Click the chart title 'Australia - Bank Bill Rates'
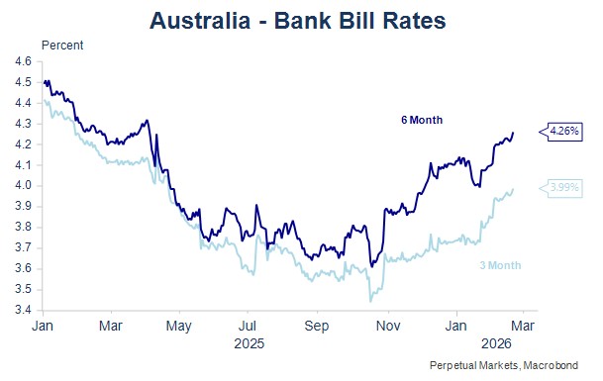click(x=298, y=21)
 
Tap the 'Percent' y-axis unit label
click(x=62, y=46)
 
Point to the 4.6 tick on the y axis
click(x=23, y=61)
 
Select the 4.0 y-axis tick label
click(x=23, y=186)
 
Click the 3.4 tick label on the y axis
click(x=23, y=310)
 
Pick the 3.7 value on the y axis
click(x=23, y=248)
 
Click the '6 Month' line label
click(x=422, y=120)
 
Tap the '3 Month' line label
click(x=500, y=265)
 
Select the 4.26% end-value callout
click(x=561, y=132)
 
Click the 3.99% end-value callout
click(x=561, y=188)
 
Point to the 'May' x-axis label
click(x=179, y=326)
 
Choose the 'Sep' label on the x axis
click(x=317, y=326)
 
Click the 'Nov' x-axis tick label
click(x=388, y=326)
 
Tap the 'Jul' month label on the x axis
click(x=248, y=326)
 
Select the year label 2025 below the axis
click(x=250, y=343)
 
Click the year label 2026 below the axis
click(x=496, y=343)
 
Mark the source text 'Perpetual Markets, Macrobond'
click(x=504, y=365)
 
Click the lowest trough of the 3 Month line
click(x=370, y=302)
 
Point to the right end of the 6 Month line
click(x=513, y=133)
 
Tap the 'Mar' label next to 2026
click(x=523, y=326)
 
